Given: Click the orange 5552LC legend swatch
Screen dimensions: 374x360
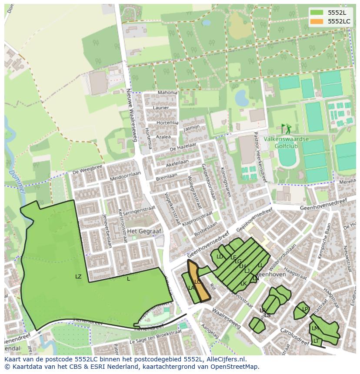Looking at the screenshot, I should pyautogui.click(x=317, y=21).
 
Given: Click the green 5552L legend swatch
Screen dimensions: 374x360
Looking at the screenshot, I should pyautogui.click(x=317, y=13).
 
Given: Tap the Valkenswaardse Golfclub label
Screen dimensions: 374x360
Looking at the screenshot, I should pyautogui.click(x=286, y=142).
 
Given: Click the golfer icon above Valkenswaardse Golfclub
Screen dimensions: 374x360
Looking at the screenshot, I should pyautogui.click(x=286, y=129).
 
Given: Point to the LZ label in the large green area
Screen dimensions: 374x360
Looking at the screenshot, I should pyautogui.click(x=78, y=276).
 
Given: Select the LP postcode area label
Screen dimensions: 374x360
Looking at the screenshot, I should pyautogui.click(x=305, y=309).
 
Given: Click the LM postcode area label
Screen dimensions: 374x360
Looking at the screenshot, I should pyautogui.click(x=315, y=328).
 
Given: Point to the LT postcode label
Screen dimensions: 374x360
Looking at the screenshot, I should pyautogui.click(x=316, y=341).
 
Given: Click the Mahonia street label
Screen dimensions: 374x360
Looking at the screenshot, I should pyautogui.click(x=167, y=93).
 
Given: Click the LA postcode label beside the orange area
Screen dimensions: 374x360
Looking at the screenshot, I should pyautogui.click(x=190, y=288).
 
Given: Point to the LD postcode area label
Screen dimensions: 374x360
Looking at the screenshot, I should pyautogui.click(x=220, y=257).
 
